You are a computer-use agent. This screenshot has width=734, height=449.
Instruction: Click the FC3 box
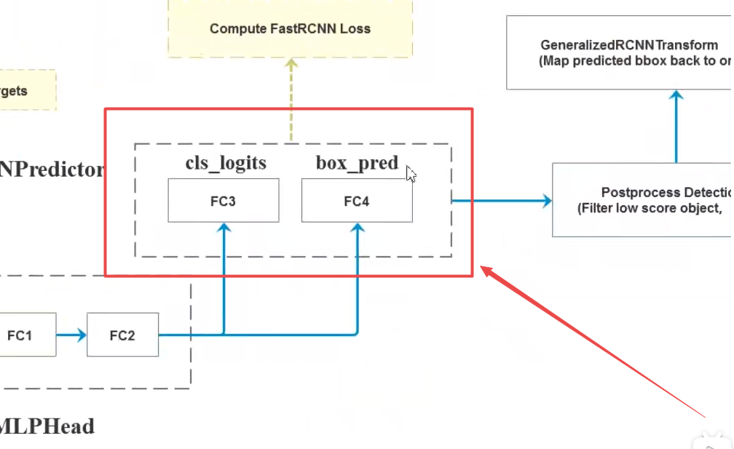[223, 202]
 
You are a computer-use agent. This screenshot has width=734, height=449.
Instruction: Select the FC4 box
[357, 202]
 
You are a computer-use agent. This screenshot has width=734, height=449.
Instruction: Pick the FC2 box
[122, 335]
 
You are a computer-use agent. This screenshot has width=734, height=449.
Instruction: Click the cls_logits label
[225, 163]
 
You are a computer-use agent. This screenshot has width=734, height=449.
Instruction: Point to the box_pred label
[357, 163]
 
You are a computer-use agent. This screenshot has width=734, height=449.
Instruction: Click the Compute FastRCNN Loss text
[290, 29]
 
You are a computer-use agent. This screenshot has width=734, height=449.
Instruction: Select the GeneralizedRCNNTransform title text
[629, 45]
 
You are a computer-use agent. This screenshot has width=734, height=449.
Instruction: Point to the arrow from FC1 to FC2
[71, 335]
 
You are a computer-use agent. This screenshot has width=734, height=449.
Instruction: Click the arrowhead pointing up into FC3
[224, 229]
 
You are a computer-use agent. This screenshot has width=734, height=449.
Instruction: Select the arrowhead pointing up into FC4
[357, 229]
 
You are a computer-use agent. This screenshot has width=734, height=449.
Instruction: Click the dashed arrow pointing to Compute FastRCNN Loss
[291, 95]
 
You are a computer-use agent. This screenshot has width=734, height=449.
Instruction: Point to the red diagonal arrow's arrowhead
[486, 273]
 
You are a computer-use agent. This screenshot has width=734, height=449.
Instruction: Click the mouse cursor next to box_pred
[411, 174]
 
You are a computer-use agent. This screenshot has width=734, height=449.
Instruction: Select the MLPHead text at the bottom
[47, 426]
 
